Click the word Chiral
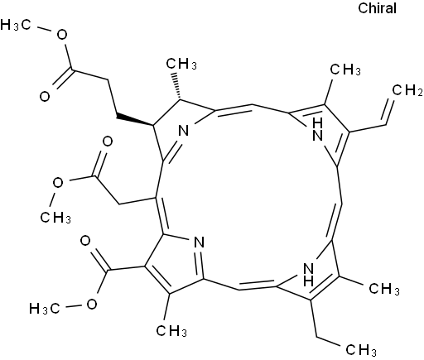coord(377,8)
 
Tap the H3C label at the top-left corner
coord(15,25)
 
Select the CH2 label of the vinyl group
coord(407,90)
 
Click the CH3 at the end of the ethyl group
coord(361,350)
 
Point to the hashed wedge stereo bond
coord(176,86)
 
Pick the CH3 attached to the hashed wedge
coord(181,64)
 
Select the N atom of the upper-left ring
coord(184,130)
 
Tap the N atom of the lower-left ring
coord(199,242)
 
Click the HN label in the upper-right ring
coord(317,129)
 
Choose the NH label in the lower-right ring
coord(309,275)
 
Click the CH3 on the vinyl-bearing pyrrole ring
coord(345,70)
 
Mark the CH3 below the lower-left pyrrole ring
coord(171,330)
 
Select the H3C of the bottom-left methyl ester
coord(44,309)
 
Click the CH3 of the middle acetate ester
coord(55,217)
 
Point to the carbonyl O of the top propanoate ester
coord(45,97)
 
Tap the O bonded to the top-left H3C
coord(62,35)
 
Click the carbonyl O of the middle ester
coord(108,142)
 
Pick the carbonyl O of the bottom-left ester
coord(85,241)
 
